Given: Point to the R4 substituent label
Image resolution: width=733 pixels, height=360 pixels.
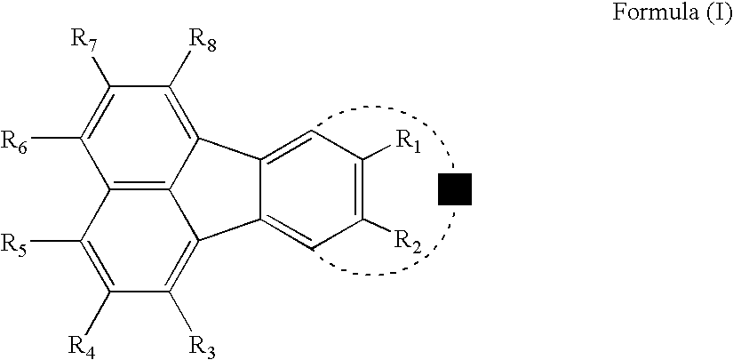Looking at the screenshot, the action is pyautogui.click(x=82, y=340).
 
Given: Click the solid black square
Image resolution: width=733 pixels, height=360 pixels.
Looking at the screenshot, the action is pyautogui.click(x=455, y=189).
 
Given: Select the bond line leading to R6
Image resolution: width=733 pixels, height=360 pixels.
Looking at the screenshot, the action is pyautogui.click(x=56, y=138).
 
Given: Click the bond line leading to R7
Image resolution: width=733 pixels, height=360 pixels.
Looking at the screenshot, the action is pyautogui.click(x=100, y=71).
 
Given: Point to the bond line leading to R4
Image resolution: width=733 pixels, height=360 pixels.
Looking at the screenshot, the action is pyautogui.click(x=100, y=308).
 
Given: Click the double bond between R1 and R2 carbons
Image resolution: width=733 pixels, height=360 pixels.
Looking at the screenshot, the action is pyautogui.click(x=363, y=189).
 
